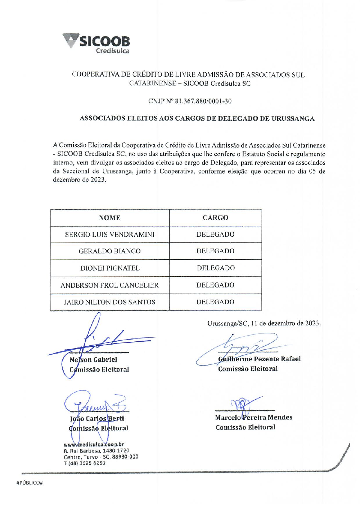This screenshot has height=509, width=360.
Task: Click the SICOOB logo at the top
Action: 96,44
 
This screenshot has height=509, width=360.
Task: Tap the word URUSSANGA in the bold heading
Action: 293,119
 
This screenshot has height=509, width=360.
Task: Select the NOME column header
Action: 110,218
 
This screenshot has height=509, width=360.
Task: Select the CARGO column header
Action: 215,218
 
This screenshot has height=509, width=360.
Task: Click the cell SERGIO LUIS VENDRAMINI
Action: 110,235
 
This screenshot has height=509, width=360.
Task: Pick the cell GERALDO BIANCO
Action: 110,251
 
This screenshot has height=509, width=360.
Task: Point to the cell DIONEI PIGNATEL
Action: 110,268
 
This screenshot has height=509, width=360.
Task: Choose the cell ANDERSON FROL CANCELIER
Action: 110,285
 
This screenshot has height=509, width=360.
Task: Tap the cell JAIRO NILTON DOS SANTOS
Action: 110,302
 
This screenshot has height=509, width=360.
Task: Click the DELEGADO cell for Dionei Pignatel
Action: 216,268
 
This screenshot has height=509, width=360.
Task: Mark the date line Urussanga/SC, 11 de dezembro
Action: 264,323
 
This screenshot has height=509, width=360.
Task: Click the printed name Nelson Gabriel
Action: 93,360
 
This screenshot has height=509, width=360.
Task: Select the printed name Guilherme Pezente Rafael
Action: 259,359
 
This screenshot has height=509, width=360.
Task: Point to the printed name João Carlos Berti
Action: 97,419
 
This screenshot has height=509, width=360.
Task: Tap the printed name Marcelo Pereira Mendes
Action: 254,418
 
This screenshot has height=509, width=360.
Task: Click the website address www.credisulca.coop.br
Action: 94,445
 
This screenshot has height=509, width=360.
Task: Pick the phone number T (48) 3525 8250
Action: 85,463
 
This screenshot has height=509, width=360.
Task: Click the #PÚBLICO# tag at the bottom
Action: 30,483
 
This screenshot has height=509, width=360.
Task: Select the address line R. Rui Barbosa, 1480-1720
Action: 96,451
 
